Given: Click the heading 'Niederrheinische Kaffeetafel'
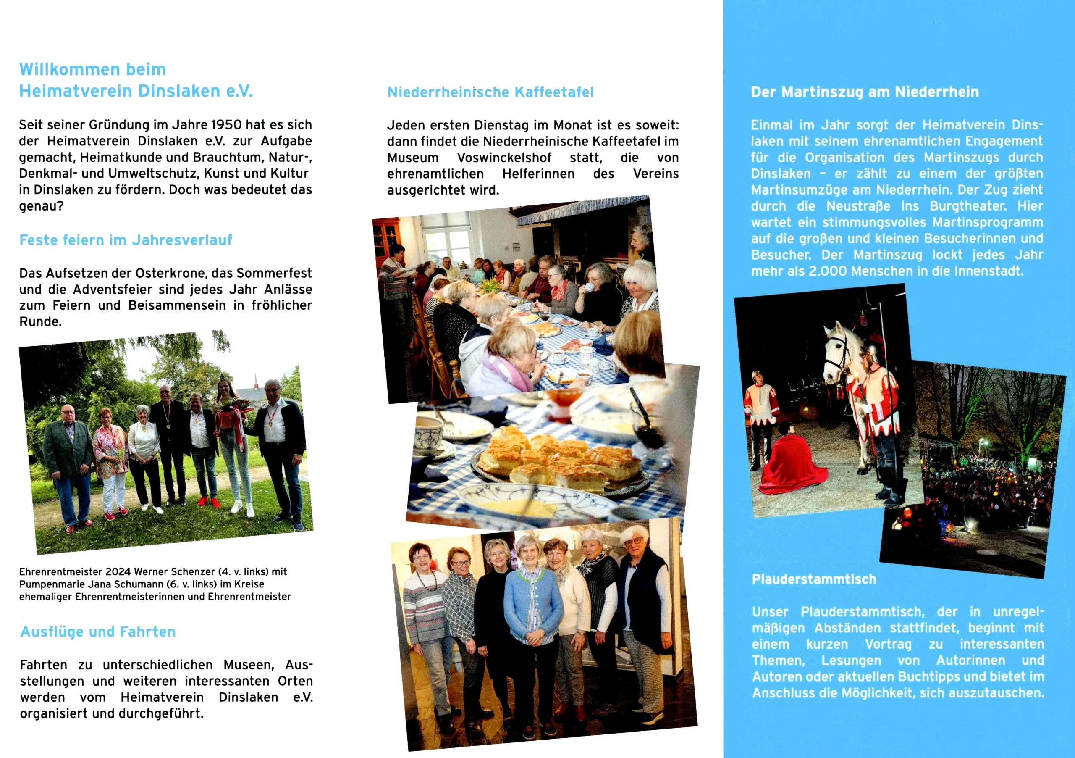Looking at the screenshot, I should click(x=490, y=92).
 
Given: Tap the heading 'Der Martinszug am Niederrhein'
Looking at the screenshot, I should click(x=865, y=92).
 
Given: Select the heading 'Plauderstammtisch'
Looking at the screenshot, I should click(x=814, y=579).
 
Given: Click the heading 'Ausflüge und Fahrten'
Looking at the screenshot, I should click(x=98, y=632).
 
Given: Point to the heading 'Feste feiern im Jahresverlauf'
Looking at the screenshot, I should click(x=126, y=240).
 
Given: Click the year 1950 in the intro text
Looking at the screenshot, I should click(x=227, y=125).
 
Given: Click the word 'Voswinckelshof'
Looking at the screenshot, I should click(x=504, y=158).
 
